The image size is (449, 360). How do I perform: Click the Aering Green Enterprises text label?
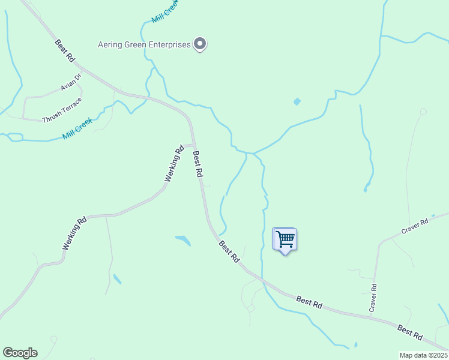click(144, 44)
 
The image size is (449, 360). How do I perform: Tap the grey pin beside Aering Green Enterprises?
click(200, 44)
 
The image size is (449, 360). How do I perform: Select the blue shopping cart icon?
click(285, 239)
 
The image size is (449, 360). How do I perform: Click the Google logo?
click(20, 353)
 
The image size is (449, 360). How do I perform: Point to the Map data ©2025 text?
click(423, 355)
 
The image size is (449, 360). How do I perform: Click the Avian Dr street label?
click(70, 88)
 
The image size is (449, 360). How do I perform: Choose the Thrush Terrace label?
click(61, 110)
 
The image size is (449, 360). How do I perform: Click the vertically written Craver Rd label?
click(373, 298)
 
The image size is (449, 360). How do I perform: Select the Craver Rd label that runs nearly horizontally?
click(415, 227)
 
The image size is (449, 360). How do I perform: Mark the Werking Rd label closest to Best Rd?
click(173, 164)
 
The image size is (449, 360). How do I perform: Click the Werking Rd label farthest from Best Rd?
click(74, 233)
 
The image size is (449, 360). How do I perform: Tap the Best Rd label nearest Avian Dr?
click(64, 51)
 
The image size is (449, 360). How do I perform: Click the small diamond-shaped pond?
click(297, 102)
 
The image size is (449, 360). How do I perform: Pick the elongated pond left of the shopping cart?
click(183, 241)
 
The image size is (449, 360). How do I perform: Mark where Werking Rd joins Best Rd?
click(193, 145)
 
